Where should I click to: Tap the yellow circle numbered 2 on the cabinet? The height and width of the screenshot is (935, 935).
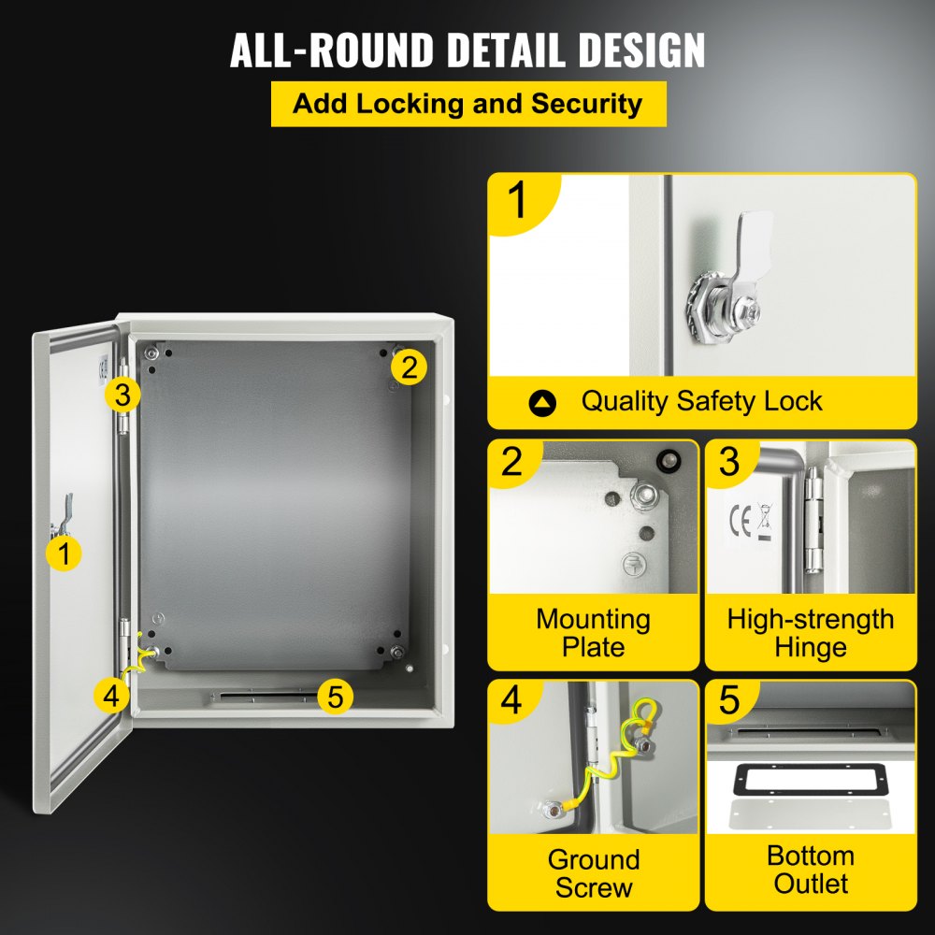tap(409, 367)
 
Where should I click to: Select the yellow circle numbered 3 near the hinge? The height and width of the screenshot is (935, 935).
tap(122, 395)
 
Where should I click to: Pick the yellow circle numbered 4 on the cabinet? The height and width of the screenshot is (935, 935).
tap(111, 695)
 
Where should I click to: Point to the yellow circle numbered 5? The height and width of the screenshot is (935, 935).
tap(336, 696)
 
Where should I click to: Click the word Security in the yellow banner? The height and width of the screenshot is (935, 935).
tap(587, 104)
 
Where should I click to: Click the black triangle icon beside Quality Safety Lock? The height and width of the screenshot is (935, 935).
tap(542, 403)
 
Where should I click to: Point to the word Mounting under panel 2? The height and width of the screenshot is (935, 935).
tap(593, 619)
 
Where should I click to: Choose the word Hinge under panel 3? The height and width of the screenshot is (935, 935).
tap(811, 647)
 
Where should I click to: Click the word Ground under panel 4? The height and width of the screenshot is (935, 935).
tap(593, 859)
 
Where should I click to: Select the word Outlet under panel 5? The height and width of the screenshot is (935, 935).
tap(811, 884)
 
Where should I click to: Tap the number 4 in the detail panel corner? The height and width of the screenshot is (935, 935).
tap(512, 702)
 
